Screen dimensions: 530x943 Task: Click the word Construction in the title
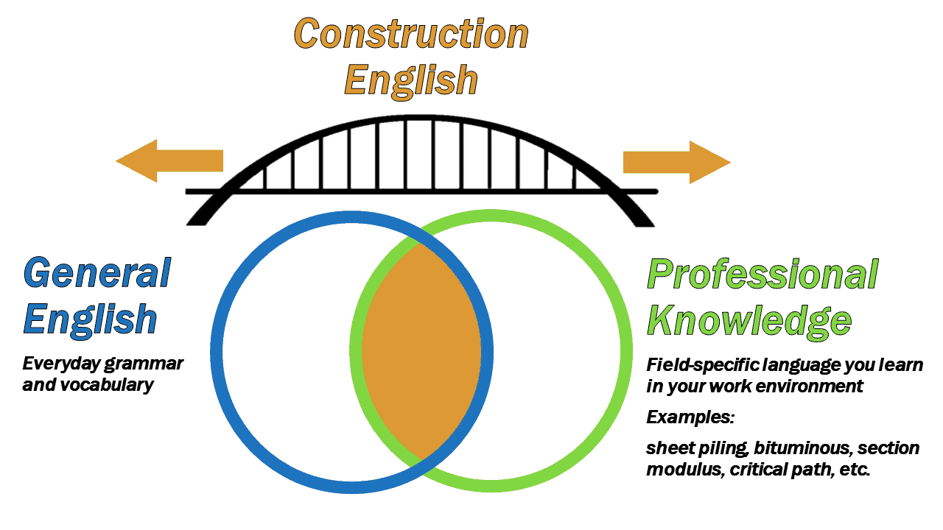pyautogui.click(x=411, y=34)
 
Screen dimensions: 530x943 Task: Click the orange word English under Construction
pyautogui.click(x=411, y=79)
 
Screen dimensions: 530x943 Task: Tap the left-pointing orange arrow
pyautogui.click(x=169, y=160)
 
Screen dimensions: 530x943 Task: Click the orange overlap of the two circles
pyautogui.click(x=421, y=351)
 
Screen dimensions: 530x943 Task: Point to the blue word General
pyautogui.click(x=97, y=273)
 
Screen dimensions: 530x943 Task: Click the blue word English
pyautogui.click(x=90, y=319)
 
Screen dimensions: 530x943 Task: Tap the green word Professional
pyautogui.click(x=762, y=274)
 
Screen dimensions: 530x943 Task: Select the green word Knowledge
pyautogui.click(x=749, y=320)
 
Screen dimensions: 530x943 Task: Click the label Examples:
pyautogui.click(x=690, y=417)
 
